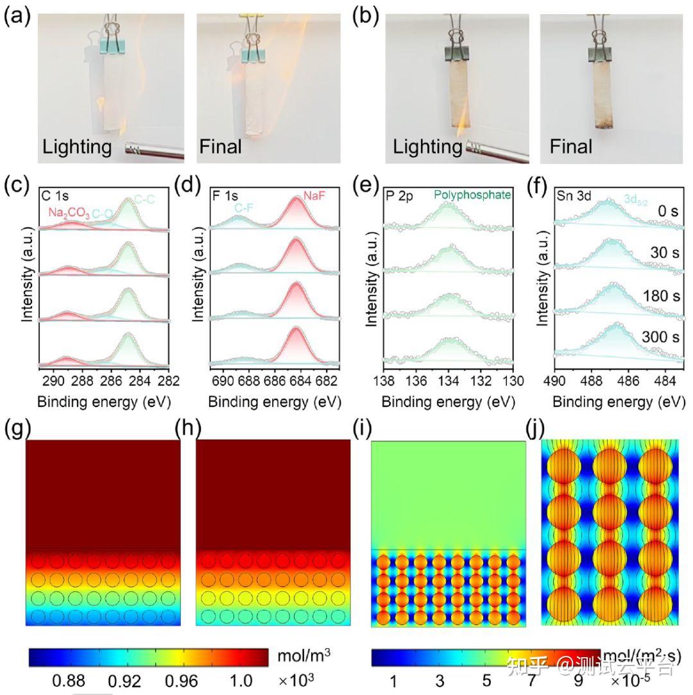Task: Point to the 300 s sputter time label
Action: click(658, 337)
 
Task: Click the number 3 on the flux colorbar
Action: click(440, 680)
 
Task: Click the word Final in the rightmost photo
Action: click(571, 146)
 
